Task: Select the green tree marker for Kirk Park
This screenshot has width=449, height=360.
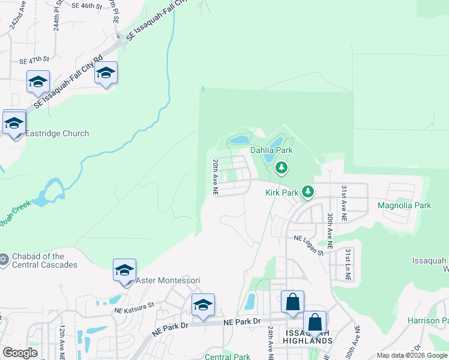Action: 308,191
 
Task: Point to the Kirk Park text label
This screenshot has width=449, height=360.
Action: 282,193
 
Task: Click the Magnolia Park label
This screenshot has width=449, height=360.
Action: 405,205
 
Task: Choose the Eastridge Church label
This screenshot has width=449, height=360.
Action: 57,133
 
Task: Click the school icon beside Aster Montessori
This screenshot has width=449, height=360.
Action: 124,270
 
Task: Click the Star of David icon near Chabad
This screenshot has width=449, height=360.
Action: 4,259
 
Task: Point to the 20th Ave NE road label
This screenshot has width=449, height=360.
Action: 215,177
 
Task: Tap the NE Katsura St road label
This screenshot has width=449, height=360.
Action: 134,306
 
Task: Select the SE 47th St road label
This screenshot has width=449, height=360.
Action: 34,61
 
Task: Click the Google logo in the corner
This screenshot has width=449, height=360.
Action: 20,353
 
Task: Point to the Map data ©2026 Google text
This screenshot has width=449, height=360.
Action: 411,355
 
